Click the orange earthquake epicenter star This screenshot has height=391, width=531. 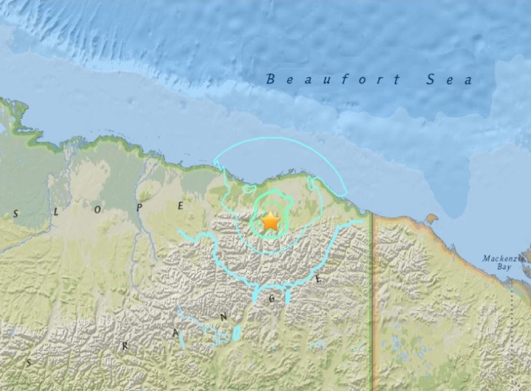tap(271, 220)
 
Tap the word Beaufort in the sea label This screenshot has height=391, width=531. tap(333, 80)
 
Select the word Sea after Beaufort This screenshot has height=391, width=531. tap(449, 80)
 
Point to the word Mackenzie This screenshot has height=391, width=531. tap(502, 259)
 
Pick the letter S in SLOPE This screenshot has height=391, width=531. tap(15, 214)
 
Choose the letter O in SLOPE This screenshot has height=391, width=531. tap(97, 209)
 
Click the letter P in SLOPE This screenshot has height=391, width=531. tap(139, 208)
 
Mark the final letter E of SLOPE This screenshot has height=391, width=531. tap(180, 206)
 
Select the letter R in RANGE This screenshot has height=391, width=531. tap(125, 346)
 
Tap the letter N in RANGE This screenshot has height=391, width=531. tap(224, 317)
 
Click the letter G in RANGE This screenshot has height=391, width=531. tap(271, 299)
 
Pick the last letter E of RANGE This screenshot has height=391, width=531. tap(318, 279)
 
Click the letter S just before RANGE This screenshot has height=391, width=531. tap(29, 362)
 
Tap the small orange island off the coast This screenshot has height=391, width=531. tap(432, 218)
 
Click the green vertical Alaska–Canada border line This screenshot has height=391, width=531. tap(371, 297)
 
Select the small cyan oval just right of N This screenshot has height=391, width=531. tap(237, 333)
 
